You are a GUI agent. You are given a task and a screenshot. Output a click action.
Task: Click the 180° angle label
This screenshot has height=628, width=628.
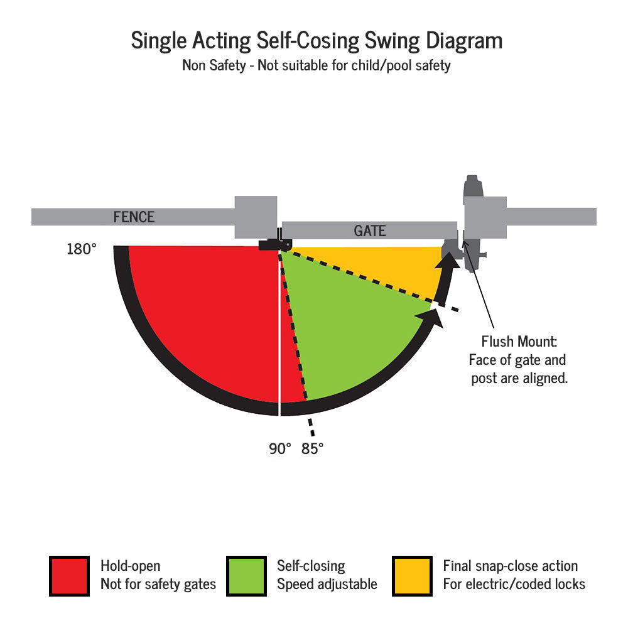[82, 249]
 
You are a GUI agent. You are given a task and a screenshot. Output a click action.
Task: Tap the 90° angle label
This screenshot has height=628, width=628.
[280, 449]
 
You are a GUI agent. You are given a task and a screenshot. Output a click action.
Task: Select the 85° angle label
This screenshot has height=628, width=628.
[312, 449]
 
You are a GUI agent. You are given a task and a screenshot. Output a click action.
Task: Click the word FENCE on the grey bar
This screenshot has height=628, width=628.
[134, 217]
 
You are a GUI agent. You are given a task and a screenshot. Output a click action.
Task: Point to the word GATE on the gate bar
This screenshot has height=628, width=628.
[369, 230]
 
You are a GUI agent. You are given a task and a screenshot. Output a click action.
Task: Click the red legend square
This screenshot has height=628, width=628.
[69, 576]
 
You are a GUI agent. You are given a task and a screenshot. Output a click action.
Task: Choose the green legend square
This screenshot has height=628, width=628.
[246, 576]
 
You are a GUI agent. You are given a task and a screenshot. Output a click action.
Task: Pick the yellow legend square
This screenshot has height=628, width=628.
[412, 576]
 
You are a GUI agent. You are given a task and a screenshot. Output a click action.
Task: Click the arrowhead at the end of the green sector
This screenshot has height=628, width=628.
[434, 314]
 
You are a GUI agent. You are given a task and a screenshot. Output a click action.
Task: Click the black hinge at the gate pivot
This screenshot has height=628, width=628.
[271, 244]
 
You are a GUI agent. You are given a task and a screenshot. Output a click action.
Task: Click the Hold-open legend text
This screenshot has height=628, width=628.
[130, 566]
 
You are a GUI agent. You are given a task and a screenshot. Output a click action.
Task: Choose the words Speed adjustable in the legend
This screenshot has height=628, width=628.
[327, 584]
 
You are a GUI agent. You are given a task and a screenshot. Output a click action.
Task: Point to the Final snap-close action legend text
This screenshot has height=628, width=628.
[510, 566]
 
